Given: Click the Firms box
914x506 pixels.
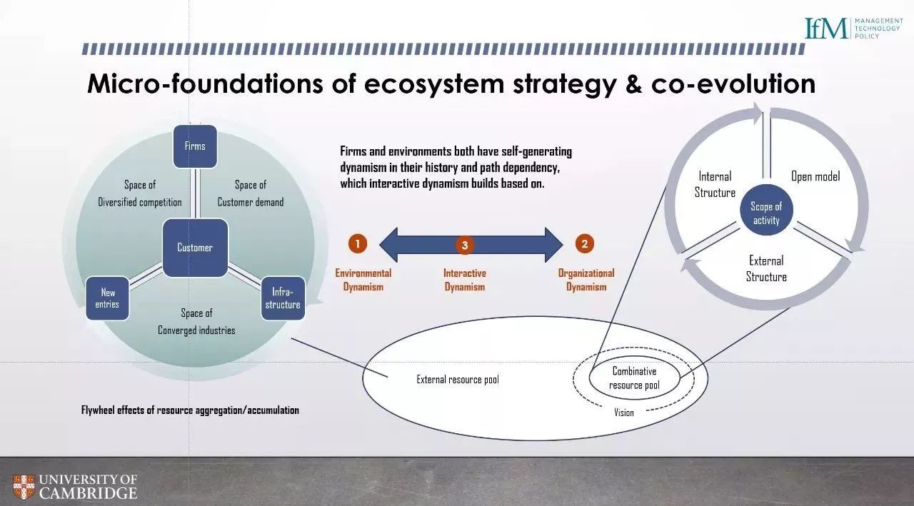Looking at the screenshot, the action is tap(195, 146).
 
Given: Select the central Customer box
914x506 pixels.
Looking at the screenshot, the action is tap(195, 248).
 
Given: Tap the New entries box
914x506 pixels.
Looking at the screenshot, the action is tap(107, 298).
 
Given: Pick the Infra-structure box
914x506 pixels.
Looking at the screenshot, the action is tap(283, 298).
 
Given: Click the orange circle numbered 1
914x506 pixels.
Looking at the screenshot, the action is tap(358, 244).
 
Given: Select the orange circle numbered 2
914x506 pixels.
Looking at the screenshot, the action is tap(584, 244).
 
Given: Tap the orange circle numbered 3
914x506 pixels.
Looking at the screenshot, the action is tap(464, 245).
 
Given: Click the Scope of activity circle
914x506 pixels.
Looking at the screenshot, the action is tap(766, 210).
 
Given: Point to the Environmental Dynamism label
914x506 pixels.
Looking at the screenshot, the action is tap(363, 280).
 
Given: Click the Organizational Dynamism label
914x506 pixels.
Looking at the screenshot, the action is tap(586, 280).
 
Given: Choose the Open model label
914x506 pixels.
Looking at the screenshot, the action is tap(815, 176).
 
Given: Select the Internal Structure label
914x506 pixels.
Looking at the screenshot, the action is tap(715, 184).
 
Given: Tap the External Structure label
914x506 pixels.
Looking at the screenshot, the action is tap(766, 268).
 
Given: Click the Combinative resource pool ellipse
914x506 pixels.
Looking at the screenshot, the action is tap(635, 378).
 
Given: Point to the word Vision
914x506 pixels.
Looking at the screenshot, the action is tap(624, 413).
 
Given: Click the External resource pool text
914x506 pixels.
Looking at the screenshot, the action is tap(458, 380).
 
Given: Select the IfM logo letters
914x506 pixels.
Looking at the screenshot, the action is tap(826, 28).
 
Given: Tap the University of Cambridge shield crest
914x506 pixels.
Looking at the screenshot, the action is tap(24, 487).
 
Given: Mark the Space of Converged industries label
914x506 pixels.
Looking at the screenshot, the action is tap(196, 322).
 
